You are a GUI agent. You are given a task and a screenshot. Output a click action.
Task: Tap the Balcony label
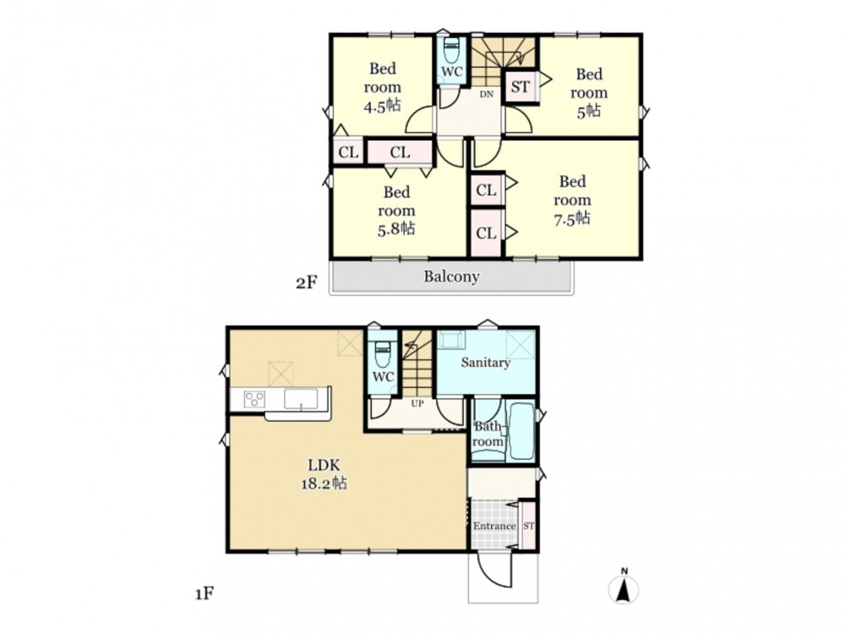pyautogui.click(x=451, y=276)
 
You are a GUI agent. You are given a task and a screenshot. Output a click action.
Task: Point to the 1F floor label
pyautogui.click(x=204, y=594)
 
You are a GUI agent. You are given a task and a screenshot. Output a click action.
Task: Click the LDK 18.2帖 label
pyautogui.click(x=324, y=473)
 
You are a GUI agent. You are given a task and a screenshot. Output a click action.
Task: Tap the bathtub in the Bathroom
pyautogui.click(x=521, y=432)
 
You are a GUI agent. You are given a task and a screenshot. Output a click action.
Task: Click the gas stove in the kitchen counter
pyautogui.click(x=254, y=400)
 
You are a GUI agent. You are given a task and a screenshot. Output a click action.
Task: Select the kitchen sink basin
pyautogui.click(x=301, y=400)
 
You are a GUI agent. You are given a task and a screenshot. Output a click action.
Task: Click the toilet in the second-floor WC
pyautogui.click(x=450, y=52)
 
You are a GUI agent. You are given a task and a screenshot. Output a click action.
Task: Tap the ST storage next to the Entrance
pyautogui.click(x=529, y=526)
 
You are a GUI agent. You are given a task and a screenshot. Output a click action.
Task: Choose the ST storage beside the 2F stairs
pyautogui.click(x=521, y=86)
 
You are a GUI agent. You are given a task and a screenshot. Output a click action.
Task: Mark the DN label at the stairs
pyautogui.click(x=487, y=95)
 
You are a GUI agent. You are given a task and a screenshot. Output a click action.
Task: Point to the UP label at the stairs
pyautogui.click(x=417, y=403)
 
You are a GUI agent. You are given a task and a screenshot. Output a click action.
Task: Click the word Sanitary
pyautogui.click(x=485, y=363)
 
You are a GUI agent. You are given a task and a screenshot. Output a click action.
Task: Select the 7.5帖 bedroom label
pyautogui.click(x=572, y=199)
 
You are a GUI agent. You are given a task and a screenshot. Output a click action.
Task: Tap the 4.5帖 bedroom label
pyautogui.click(x=383, y=87)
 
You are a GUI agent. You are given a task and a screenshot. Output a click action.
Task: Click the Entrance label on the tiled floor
pyautogui.click(x=494, y=526)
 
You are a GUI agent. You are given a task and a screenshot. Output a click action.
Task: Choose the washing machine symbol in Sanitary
pyautogui.click(x=451, y=340)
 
